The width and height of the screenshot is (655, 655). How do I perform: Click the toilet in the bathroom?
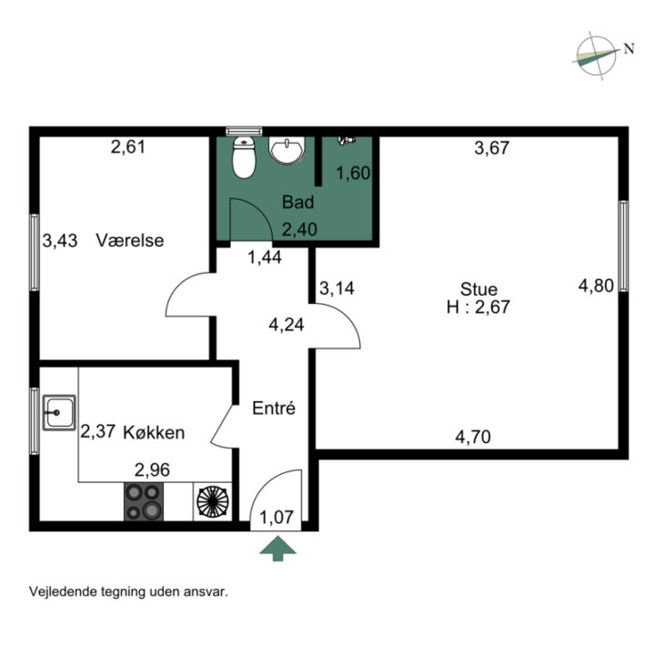(x=244, y=157)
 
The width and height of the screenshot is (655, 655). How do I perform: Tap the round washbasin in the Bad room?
(x=287, y=149)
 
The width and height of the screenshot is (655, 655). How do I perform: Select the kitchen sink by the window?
(x=59, y=412)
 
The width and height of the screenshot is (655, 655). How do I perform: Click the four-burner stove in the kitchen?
(x=144, y=501)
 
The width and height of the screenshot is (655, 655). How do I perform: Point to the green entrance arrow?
(x=277, y=549)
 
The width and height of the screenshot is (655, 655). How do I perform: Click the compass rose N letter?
(x=630, y=49)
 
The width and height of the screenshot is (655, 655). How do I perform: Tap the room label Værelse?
(x=130, y=240)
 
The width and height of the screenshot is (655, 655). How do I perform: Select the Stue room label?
(x=479, y=289)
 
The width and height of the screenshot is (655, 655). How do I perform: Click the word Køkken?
(x=154, y=432)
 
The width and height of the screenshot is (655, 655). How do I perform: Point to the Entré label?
(x=274, y=408)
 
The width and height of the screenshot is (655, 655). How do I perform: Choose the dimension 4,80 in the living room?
(x=596, y=286)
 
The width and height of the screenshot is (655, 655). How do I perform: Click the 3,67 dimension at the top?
(x=491, y=148)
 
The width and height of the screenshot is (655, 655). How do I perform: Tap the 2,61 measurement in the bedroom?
(x=128, y=147)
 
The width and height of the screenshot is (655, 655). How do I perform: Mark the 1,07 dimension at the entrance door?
(x=277, y=517)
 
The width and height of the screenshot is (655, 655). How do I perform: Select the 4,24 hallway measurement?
(x=287, y=325)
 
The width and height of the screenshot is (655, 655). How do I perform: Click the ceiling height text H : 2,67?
(x=479, y=307)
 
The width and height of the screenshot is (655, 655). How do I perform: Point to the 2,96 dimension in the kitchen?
(x=152, y=470)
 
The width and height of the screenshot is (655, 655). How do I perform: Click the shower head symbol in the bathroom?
(x=347, y=140)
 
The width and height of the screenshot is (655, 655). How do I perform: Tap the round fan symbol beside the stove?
(x=213, y=501)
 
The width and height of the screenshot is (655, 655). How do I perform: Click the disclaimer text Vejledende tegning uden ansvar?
(x=128, y=592)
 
